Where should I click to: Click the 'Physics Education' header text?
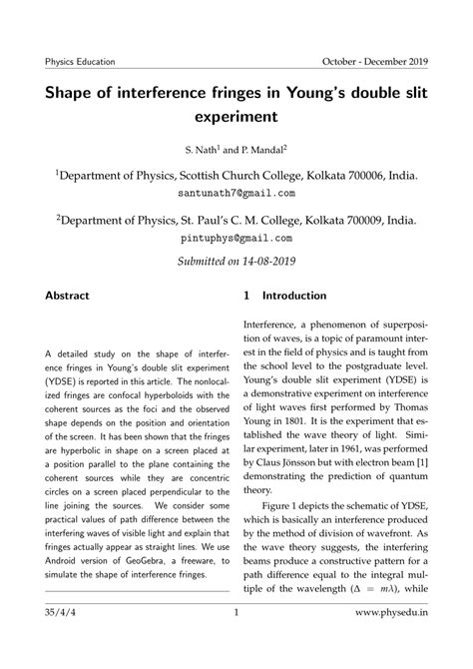tap(80, 61)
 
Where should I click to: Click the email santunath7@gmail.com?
tap(236, 192)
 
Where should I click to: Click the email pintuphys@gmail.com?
tap(236, 240)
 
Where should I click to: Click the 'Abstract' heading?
tap(67, 297)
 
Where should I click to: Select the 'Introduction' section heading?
tap(293, 297)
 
